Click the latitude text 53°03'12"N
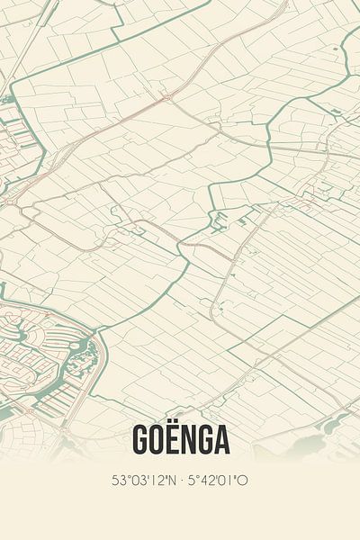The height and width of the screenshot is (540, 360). click(144, 481)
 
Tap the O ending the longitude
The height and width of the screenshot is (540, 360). click(243, 481)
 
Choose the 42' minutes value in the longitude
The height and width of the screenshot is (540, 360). click(209, 481)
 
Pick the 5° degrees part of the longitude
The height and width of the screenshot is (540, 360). click(193, 481)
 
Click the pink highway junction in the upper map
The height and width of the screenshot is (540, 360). click(167, 100)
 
